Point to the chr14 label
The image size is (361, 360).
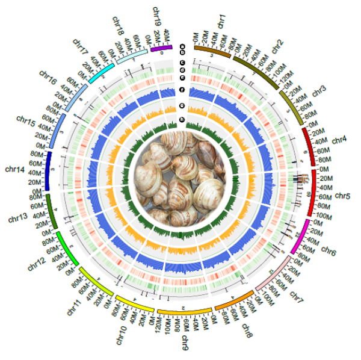15,170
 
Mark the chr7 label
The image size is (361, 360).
297,294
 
